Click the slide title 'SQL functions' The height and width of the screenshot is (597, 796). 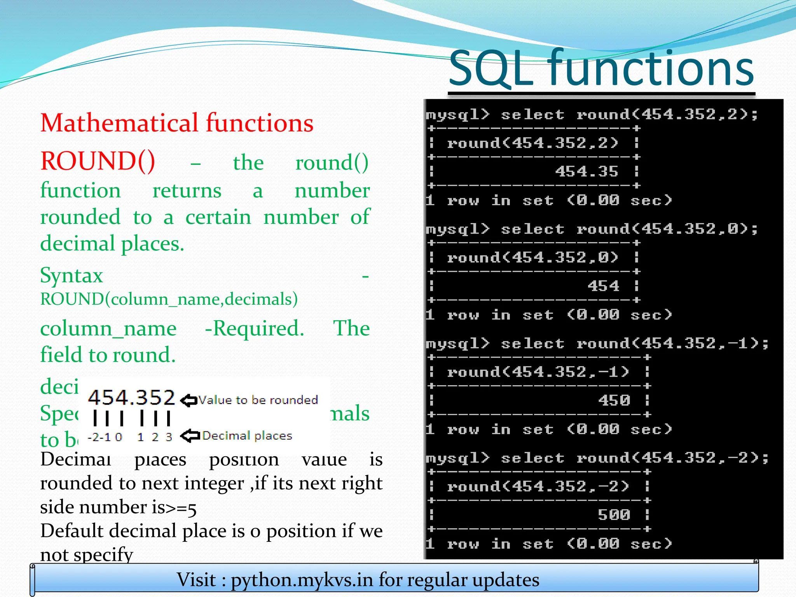click(601, 69)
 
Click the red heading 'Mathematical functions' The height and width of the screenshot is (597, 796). click(177, 123)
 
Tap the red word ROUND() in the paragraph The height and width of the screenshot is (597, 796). click(98, 161)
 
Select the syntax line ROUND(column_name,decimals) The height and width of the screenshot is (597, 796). click(169, 299)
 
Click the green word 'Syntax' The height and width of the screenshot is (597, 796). click(72, 275)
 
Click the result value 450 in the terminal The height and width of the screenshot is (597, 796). click(614, 400)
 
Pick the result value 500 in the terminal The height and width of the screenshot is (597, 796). click(614, 515)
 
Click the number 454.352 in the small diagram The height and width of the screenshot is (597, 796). click(131, 398)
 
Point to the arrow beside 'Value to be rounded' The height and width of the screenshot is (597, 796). click(189, 400)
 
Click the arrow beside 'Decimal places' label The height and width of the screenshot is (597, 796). click(190, 436)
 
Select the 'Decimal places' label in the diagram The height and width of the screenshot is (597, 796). click(247, 436)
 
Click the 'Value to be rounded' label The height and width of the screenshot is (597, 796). click(258, 400)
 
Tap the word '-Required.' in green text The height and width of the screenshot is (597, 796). click(255, 329)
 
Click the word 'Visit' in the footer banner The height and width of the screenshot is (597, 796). click(196, 580)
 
